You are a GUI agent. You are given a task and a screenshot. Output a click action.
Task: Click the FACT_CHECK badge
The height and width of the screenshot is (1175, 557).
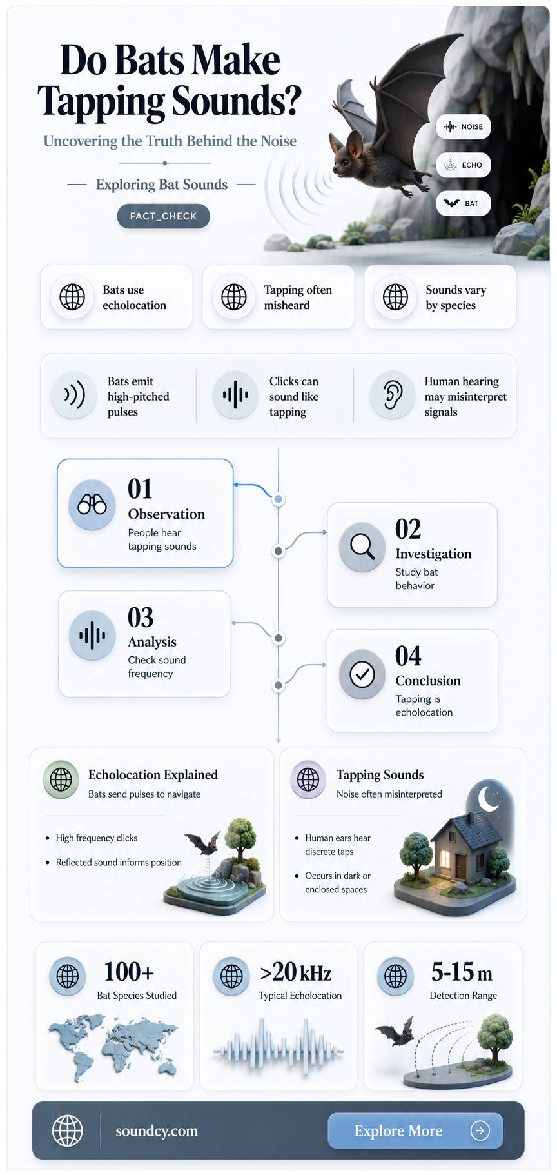[x=163, y=216]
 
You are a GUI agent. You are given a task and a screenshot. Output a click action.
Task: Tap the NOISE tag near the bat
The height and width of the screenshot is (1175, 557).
[x=464, y=126]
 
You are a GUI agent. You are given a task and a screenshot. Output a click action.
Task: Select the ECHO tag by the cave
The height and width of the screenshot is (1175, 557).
[x=464, y=165]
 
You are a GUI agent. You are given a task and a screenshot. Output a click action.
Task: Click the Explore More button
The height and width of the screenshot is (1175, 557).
[x=415, y=1130]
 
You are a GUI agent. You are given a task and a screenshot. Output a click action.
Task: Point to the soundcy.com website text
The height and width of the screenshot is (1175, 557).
[x=157, y=1131]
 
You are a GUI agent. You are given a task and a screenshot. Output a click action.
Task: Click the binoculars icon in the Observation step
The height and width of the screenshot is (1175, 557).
[x=92, y=505]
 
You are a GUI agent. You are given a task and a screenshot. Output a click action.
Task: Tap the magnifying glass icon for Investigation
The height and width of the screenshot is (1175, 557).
[x=362, y=547]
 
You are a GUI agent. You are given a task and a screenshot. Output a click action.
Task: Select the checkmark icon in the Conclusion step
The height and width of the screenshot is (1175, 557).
[x=362, y=674]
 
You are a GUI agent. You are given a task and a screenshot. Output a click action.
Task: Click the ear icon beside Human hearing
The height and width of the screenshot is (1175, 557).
[x=393, y=395]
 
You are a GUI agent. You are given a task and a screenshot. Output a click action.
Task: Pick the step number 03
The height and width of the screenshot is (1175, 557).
[x=141, y=618]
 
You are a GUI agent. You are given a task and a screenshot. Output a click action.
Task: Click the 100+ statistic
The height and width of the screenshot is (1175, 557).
[x=129, y=971]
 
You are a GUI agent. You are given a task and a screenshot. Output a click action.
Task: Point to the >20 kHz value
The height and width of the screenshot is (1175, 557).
[x=296, y=972]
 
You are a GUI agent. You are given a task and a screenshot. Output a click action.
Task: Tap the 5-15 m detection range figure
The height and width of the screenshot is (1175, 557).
[x=462, y=972]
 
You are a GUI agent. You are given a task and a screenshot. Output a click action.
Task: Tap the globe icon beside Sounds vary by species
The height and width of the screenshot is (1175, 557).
[x=395, y=297]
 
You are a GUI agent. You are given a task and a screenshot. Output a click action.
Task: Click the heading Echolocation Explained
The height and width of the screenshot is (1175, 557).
[x=153, y=774]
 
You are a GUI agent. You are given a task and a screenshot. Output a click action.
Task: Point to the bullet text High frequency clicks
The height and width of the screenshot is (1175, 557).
[x=97, y=838]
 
